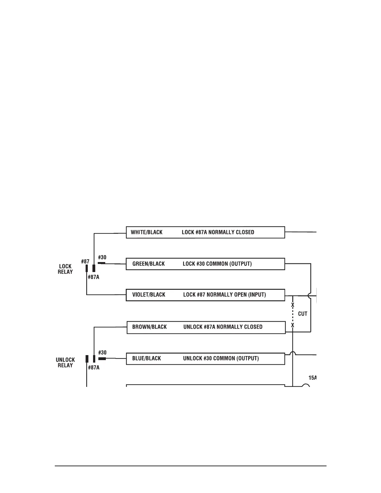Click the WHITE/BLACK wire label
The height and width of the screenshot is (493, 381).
click(x=147, y=232)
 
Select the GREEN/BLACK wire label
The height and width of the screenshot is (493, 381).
click(x=148, y=264)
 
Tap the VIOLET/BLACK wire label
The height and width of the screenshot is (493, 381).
click(x=149, y=295)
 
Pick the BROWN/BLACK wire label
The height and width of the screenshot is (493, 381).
click(x=149, y=327)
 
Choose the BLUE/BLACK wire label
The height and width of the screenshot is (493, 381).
click(x=147, y=359)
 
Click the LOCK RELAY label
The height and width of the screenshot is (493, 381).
click(x=65, y=269)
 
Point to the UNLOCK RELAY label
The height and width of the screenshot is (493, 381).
click(x=65, y=363)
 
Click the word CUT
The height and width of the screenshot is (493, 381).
click(x=303, y=314)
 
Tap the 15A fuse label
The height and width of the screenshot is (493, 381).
click(x=312, y=378)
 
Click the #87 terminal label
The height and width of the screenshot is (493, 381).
click(x=85, y=262)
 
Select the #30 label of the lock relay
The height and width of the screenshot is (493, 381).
click(x=102, y=257)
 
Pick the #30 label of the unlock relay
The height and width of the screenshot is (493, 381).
click(x=102, y=353)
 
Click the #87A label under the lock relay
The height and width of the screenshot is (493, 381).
click(x=93, y=277)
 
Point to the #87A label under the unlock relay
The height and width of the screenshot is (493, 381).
click(x=93, y=368)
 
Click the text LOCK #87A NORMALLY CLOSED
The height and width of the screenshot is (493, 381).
click(x=218, y=232)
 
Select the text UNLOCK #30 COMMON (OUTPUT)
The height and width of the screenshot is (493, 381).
click(x=221, y=359)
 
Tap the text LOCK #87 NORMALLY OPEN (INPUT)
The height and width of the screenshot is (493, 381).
click(x=224, y=295)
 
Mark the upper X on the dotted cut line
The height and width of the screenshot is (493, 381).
click(x=293, y=305)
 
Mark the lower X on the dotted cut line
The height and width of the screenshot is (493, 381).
click(x=293, y=325)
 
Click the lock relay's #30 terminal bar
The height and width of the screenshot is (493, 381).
click(x=101, y=263)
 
